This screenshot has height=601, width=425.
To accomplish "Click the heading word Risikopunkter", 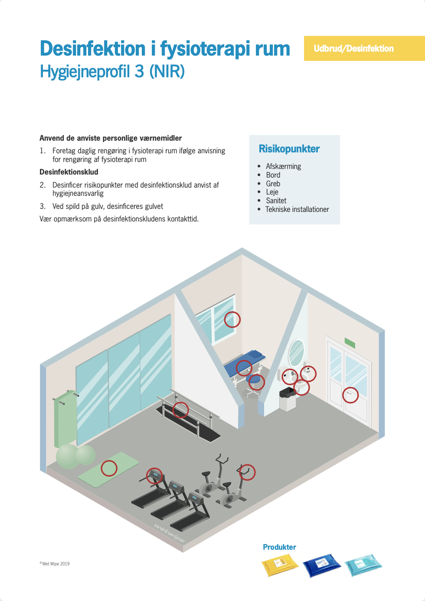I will click(x=289, y=149).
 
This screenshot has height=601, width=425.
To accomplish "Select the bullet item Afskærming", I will click(x=283, y=166).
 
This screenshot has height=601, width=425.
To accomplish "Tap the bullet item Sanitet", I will click(x=276, y=201).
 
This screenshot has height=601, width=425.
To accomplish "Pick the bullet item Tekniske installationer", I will click(x=297, y=209).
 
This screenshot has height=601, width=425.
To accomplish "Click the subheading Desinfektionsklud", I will click(x=69, y=172).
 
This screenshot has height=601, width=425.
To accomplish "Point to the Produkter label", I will click(x=279, y=547).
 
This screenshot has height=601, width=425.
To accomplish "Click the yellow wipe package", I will click(x=280, y=566).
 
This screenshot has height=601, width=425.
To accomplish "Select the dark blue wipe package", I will click(x=321, y=566).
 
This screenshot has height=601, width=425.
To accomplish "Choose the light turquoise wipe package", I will click(x=363, y=565).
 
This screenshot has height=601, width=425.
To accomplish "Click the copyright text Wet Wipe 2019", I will click(x=55, y=564).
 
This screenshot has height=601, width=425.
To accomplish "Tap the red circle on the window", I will click(x=232, y=320).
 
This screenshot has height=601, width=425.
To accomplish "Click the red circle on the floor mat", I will click(x=109, y=468).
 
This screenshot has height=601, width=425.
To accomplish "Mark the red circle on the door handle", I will click(x=350, y=395).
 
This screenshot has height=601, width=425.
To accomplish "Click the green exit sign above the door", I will click(x=350, y=343).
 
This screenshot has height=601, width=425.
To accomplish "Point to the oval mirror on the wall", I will click(x=296, y=352).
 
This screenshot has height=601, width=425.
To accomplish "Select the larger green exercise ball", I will click(x=68, y=456).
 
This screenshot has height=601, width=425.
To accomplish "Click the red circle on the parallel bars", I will click(x=180, y=409).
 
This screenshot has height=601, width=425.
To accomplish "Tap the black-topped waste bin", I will click(x=287, y=400).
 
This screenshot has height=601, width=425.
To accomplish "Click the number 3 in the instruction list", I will click(x=42, y=206).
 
